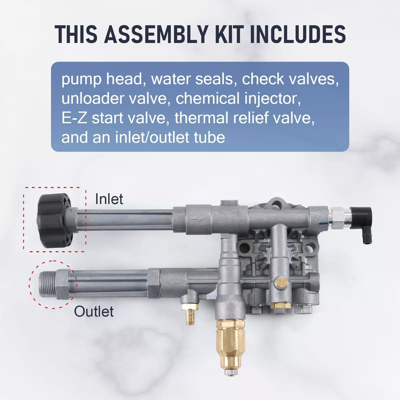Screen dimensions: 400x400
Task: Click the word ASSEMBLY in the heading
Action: pyautogui.click(x=156, y=34)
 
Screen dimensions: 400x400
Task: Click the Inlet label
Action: pyautogui.click(x=109, y=199)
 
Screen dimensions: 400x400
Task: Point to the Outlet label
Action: pyautogui.click(x=94, y=311)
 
